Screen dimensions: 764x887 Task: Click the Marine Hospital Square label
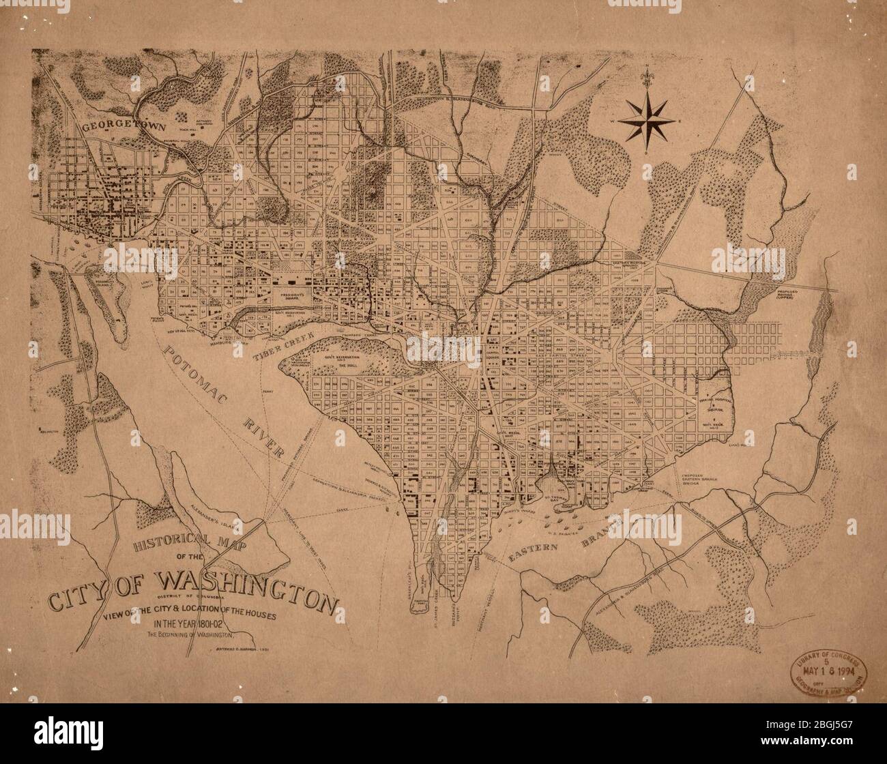[x=714, y=407]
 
